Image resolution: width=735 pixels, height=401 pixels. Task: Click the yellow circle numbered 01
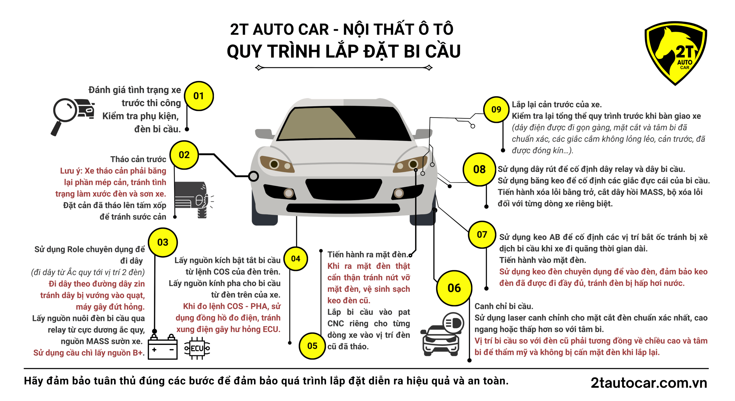tap(199, 96)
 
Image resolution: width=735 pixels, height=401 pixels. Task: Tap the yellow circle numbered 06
tap(454, 288)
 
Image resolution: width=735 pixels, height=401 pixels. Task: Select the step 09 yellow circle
tap(496, 109)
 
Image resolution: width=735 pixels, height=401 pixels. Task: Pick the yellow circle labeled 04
tap(295, 259)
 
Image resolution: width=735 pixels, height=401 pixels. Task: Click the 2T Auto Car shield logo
tap(676, 53)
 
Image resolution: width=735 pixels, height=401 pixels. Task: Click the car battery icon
tap(163, 347)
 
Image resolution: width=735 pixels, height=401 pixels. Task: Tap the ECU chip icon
tap(197, 348)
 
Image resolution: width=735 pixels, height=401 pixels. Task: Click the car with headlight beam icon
tap(442, 334)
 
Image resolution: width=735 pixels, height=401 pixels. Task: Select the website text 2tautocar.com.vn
tap(649, 383)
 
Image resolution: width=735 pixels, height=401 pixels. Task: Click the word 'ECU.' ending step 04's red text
tap(272, 329)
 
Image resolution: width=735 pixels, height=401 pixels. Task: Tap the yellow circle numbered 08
tap(479, 169)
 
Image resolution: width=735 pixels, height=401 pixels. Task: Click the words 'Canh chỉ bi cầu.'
tap(504, 306)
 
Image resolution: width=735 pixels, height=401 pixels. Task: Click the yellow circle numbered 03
tap(163, 242)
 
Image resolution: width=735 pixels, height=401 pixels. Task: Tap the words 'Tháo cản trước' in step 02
tap(138, 159)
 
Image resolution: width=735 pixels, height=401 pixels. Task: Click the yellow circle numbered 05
tap(312, 346)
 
